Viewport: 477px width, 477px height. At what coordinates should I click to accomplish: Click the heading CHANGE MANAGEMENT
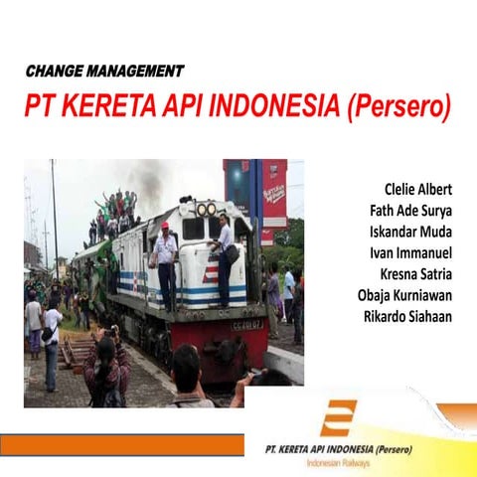[x=104, y=71]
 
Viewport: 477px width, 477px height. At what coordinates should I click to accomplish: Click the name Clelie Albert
[x=417, y=189]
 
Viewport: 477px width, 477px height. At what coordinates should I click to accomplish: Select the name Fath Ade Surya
[x=409, y=210]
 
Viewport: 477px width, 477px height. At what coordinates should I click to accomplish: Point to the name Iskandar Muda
[x=410, y=232]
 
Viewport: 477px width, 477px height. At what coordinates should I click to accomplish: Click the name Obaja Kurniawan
[x=404, y=295]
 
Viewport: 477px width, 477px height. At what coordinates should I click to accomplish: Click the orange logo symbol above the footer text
[x=338, y=418]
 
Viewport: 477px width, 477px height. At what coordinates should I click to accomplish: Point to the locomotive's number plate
[x=246, y=324]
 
